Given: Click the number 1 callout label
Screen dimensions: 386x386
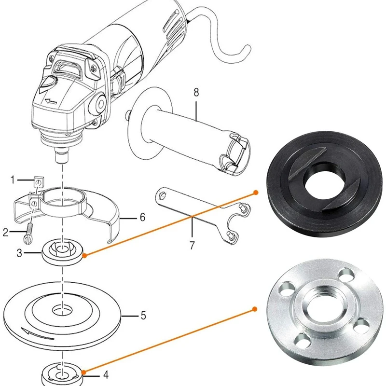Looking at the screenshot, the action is (x=13, y=180).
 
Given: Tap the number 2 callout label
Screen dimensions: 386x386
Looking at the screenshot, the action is (x=6, y=232).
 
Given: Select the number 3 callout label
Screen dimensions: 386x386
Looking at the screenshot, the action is (x=19, y=253).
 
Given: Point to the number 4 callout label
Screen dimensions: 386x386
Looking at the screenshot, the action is (x=106, y=375).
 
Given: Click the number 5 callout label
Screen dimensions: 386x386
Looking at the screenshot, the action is (x=143, y=316).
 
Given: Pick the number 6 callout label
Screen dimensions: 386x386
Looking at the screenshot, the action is (x=142, y=217).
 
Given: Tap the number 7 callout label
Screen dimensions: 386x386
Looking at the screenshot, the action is (x=192, y=245).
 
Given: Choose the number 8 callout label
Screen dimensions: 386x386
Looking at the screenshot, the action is (x=196, y=93).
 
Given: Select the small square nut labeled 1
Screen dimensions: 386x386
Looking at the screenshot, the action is (x=39, y=182).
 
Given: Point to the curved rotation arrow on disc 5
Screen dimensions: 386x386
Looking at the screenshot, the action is (x=38, y=334).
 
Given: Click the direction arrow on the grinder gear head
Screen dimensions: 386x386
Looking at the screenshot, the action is (x=51, y=101).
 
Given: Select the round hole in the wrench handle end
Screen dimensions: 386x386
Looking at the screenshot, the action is (x=162, y=196).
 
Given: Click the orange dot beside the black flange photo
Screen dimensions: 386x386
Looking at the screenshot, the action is (x=256, y=192).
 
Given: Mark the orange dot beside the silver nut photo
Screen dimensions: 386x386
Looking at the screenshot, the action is (x=255, y=309).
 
